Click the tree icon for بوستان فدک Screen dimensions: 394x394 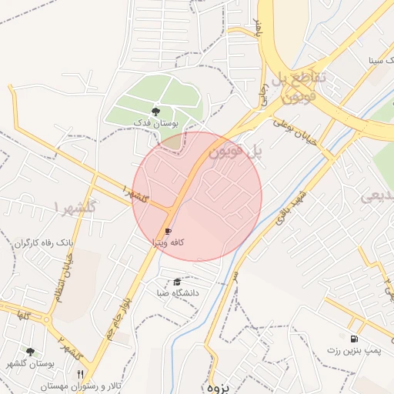155,112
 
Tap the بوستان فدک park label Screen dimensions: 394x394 155,123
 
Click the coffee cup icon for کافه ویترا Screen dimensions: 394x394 168,231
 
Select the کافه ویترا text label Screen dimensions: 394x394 168,242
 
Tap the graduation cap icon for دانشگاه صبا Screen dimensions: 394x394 178,282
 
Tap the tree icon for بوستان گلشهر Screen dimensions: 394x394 31,352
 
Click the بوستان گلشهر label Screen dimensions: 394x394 31,363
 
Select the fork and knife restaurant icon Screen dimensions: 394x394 80,374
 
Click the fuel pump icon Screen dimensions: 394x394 354,339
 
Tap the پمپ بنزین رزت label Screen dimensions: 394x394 354,350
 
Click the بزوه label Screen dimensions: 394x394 219,387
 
